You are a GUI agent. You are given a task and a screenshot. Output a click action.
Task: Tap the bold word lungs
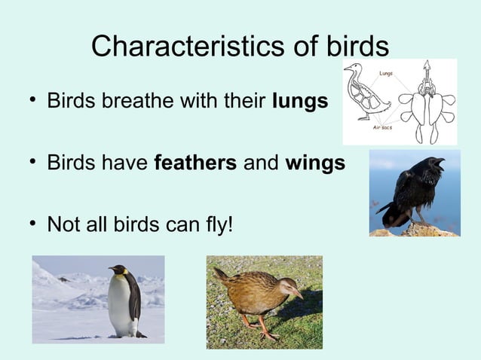tap(300, 101)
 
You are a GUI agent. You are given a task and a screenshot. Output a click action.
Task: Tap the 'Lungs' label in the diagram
tap(385, 73)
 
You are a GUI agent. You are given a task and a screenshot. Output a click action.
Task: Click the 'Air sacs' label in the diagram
tap(383, 128)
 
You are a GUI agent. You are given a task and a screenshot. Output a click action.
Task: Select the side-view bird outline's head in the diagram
tap(351, 68)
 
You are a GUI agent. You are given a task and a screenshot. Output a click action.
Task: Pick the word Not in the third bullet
tap(61, 224)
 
